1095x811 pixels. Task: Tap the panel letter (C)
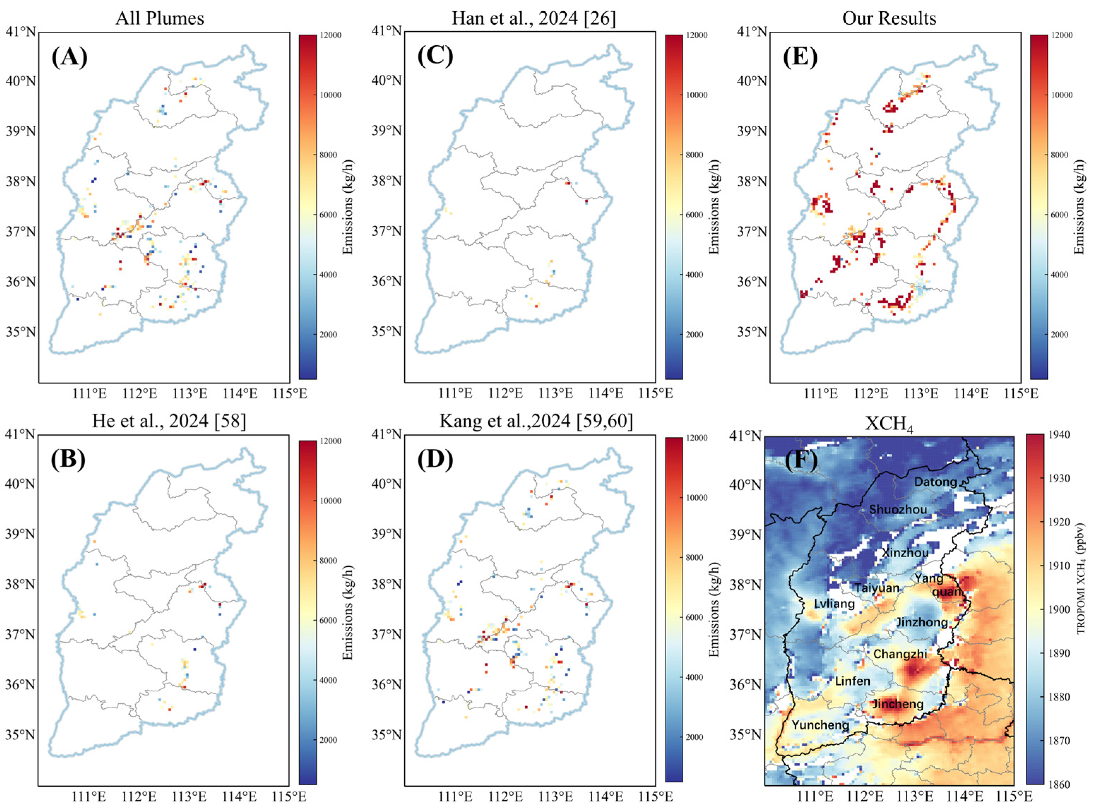click(x=435, y=57)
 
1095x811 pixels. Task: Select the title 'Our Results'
click(x=889, y=19)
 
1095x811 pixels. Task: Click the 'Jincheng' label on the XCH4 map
click(x=898, y=704)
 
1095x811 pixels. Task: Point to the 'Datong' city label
click(x=935, y=482)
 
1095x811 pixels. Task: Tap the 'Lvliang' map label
click(x=834, y=603)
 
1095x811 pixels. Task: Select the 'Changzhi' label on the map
click(x=900, y=654)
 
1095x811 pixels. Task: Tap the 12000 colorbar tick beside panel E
click(x=1062, y=35)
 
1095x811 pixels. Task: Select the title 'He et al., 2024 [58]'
click(x=169, y=421)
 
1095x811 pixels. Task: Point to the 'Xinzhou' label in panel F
click(x=905, y=553)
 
